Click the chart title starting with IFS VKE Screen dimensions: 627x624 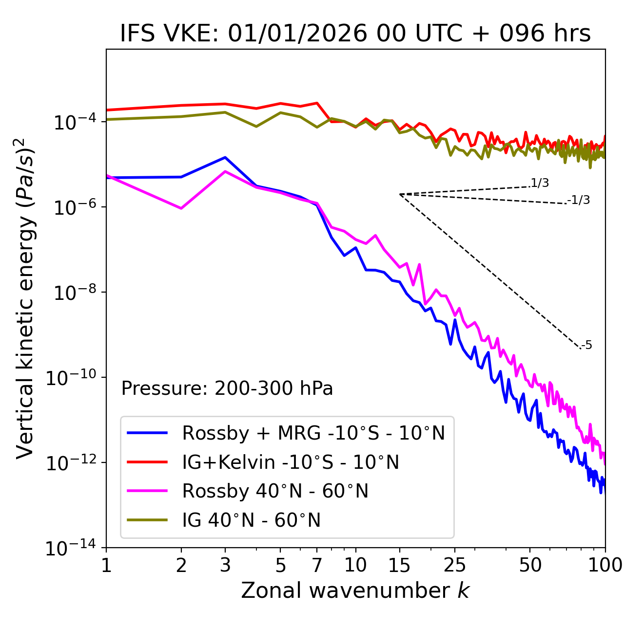tap(355, 34)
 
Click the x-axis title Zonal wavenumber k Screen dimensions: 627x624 tap(355, 590)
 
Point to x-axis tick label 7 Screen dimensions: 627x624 tap(317, 565)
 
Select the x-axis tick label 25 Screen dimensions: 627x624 tap(455, 565)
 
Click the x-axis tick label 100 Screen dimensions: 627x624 tap(605, 565)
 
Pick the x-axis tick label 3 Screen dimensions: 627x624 tap(225, 565)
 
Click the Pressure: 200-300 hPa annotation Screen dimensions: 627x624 tap(227, 388)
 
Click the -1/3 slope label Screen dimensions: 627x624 tap(579, 200)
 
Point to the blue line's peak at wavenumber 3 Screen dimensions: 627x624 tap(225, 157)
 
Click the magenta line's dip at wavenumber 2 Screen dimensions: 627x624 tap(181, 208)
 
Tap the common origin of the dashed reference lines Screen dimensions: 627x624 tap(400, 194)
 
